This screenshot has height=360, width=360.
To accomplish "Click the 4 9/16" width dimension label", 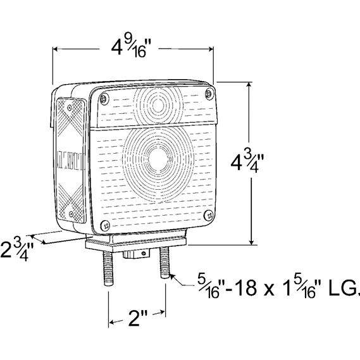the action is pos(129,49).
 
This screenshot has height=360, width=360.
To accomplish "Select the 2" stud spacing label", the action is pos(137,318).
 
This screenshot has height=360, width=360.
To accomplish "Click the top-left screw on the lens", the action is pos(104,99).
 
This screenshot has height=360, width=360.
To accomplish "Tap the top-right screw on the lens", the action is pos(209,93).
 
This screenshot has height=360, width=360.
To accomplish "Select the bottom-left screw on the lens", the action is pos(105,225).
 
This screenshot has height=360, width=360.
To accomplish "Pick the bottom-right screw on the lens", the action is pos(209,214).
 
